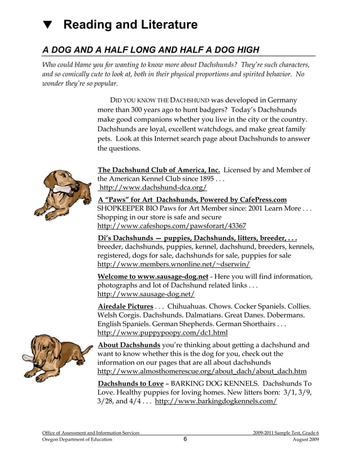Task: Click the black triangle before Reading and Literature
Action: click(x=48, y=25)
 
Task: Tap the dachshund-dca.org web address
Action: click(x=152, y=188)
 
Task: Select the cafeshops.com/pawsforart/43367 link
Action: click(x=172, y=225)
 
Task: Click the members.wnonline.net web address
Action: click(x=174, y=263)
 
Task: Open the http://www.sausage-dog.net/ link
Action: click(x=146, y=294)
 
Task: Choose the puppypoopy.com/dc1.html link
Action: click(x=163, y=333)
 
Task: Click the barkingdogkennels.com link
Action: click(x=216, y=401)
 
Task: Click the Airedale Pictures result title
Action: click(x=125, y=306)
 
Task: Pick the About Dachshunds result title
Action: click(x=129, y=345)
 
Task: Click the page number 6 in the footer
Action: click(x=185, y=439)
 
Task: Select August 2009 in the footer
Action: click(x=306, y=439)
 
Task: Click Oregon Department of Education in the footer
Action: click(x=77, y=439)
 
